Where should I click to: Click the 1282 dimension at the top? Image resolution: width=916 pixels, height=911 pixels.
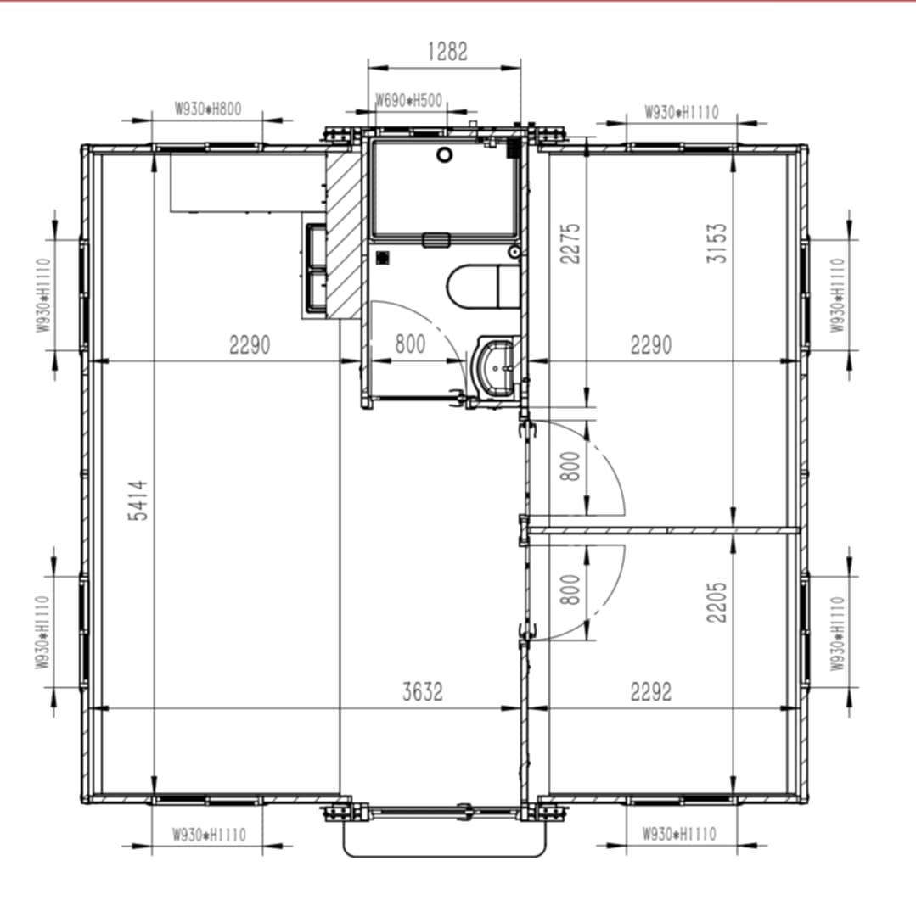(447, 52)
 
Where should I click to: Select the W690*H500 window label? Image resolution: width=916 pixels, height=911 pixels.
(408, 100)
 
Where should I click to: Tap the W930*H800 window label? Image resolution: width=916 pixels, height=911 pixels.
(208, 109)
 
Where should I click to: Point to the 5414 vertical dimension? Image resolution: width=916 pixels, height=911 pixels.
(138, 500)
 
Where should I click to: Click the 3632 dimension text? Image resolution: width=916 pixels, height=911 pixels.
(422, 692)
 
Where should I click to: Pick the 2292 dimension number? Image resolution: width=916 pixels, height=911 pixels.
(650, 692)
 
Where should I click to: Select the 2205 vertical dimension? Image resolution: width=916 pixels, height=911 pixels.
(717, 601)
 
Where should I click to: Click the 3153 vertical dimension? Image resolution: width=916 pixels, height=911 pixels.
(717, 243)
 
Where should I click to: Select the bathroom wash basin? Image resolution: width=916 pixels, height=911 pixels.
(492, 367)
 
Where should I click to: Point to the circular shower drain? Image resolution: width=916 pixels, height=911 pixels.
(444, 154)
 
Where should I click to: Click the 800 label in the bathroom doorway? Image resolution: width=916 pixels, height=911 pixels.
(410, 345)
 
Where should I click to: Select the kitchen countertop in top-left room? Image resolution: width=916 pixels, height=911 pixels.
(246, 182)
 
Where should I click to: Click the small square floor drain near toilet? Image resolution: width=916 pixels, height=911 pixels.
(383, 257)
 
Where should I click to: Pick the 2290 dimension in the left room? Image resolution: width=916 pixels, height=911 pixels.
(249, 345)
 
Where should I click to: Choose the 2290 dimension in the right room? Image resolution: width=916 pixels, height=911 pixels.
(650, 345)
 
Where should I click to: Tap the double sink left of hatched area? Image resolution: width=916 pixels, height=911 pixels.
(315, 267)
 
